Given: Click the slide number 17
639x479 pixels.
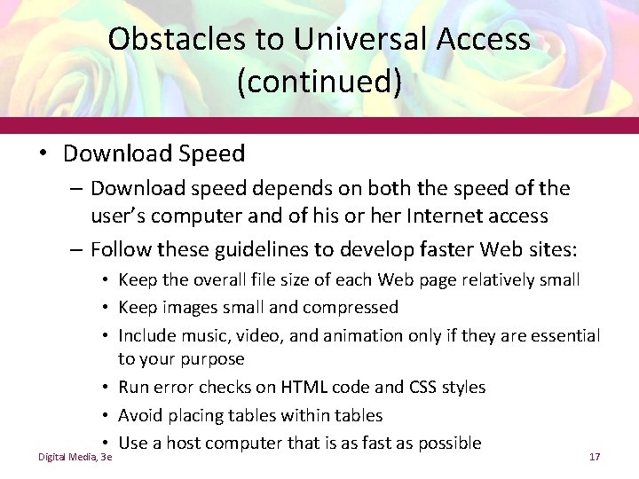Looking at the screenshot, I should pos(596,456).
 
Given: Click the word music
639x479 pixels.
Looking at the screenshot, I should pos(202,335).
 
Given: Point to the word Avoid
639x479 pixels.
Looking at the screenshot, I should pos(140,415).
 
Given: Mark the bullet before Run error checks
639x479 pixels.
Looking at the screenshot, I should pos(106,388).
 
